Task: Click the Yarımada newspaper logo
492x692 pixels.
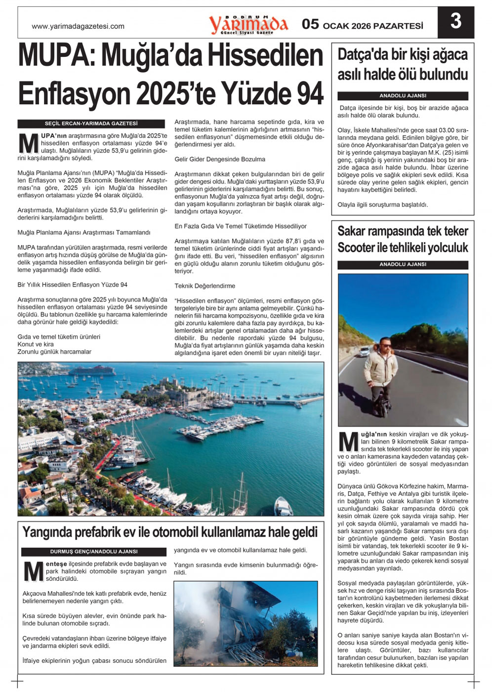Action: [248, 24]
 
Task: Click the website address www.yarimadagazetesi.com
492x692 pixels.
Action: [78, 27]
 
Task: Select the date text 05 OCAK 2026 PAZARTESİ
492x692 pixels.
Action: [363, 25]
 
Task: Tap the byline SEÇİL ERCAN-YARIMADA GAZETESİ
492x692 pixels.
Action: [91, 124]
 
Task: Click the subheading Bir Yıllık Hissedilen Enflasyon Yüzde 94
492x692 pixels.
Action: [73, 285]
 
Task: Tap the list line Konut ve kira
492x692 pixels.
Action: [36, 344]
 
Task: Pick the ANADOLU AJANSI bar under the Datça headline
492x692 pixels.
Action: [403, 96]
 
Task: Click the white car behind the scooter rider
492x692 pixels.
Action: [364, 352]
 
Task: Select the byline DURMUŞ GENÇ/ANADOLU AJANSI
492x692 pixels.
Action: [94, 552]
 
